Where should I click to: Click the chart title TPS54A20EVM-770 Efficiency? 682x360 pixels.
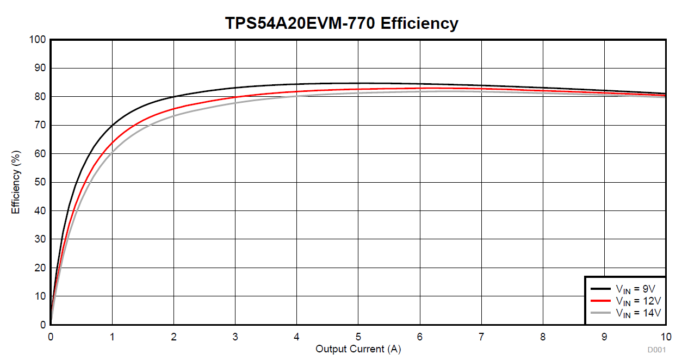click(x=342, y=23)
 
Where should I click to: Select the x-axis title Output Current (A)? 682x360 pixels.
click(x=358, y=349)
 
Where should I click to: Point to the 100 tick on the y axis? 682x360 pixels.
click(x=38, y=40)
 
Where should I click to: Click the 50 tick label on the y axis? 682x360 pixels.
click(x=40, y=182)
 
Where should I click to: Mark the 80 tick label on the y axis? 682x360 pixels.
click(x=40, y=97)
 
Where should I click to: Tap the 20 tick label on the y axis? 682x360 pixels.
click(x=40, y=268)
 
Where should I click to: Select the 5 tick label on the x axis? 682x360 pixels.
click(x=358, y=337)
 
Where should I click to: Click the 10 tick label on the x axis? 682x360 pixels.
click(x=665, y=337)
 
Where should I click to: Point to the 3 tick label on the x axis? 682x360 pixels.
click(x=235, y=337)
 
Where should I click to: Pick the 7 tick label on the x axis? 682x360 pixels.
click(x=481, y=337)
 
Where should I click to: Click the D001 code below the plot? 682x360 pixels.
click(x=656, y=350)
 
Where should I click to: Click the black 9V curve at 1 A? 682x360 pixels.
click(x=112, y=126)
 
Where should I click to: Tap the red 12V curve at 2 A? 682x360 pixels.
click(x=173, y=109)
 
